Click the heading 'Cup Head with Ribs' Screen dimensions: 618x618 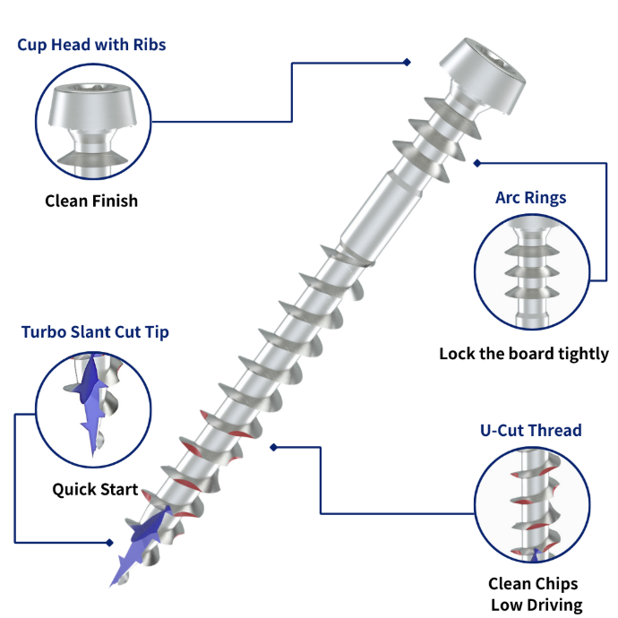[91, 44]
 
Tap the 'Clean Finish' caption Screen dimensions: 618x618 [91, 201]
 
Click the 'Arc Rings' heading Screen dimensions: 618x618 [530, 197]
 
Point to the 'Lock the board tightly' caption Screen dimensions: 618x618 [523, 354]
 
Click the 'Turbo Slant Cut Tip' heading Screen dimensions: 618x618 [95, 332]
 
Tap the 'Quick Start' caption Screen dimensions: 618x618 [95, 489]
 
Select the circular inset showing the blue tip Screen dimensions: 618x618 [92, 408]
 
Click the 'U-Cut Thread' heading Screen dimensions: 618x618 [530, 431]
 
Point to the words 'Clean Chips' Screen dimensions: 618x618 [532, 584]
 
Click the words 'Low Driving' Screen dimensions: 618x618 [532, 605]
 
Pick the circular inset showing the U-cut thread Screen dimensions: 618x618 [532, 505]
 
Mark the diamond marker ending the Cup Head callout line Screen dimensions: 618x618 [407, 62]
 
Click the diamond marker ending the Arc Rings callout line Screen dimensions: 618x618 [477, 162]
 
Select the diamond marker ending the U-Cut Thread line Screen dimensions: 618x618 [274, 446]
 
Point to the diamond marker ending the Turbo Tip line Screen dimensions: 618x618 [109, 542]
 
